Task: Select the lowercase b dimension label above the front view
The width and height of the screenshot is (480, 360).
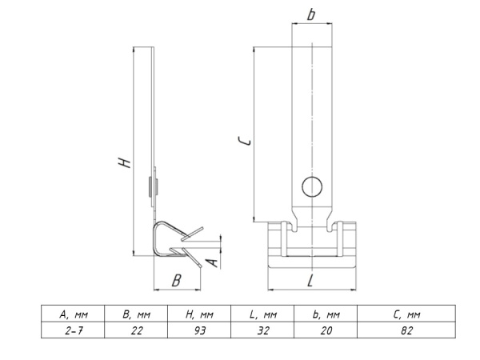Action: click(x=312, y=14)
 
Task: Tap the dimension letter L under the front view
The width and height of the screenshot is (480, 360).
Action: click(x=310, y=280)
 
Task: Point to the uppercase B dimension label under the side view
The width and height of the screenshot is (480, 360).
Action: click(x=177, y=280)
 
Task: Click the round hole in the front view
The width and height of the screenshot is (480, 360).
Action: click(x=312, y=187)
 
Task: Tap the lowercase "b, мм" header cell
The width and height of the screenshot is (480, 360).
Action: click(x=326, y=314)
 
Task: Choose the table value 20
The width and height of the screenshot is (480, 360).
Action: click(x=326, y=330)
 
